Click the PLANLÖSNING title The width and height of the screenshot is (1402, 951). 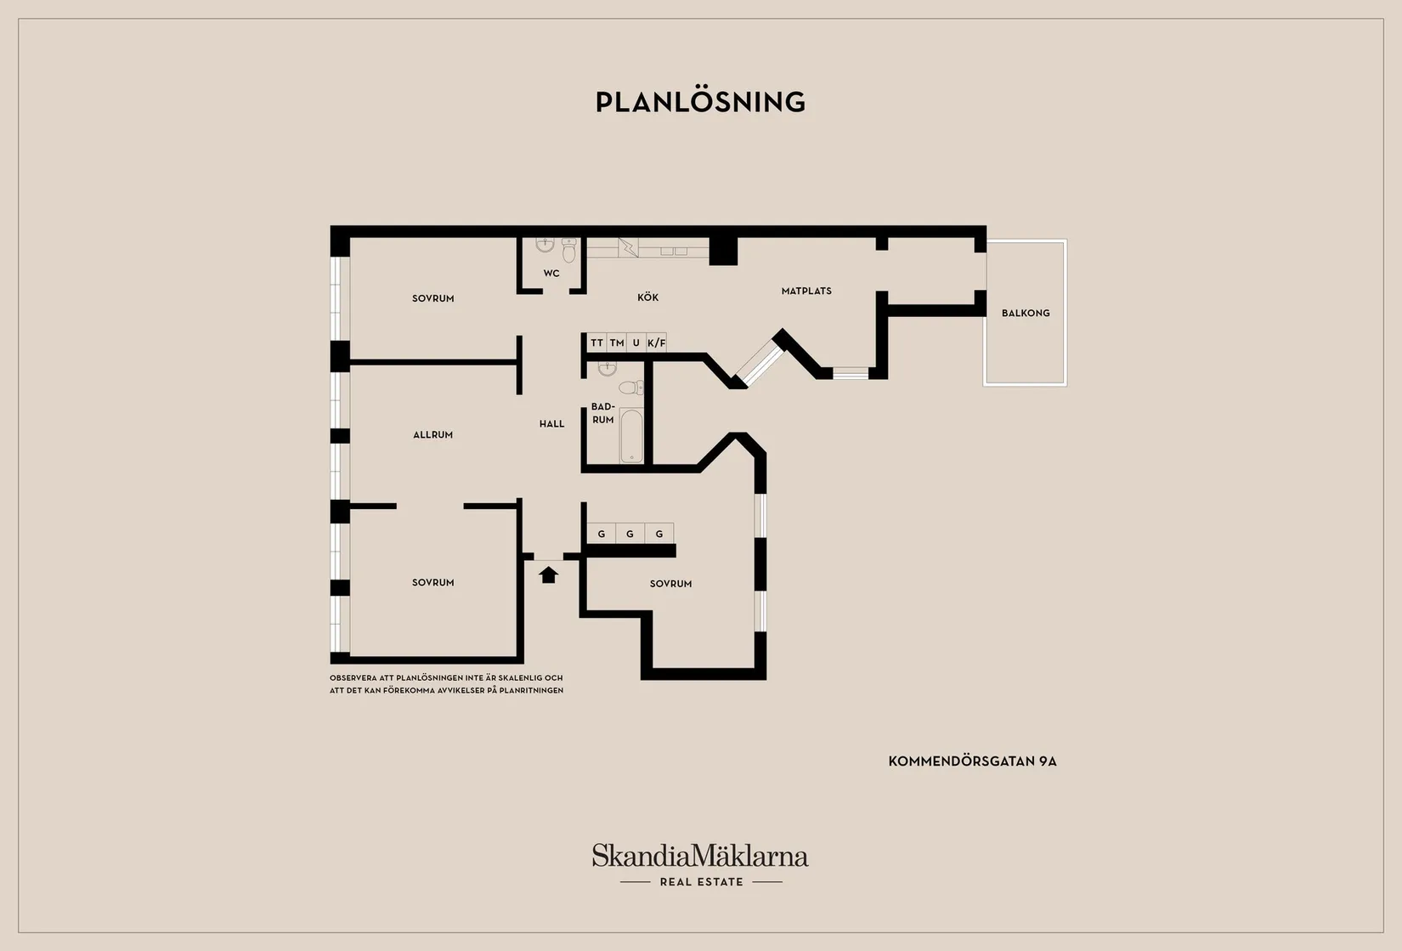[x=700, y=102]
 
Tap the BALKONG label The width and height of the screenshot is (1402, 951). [x=1026, y=313]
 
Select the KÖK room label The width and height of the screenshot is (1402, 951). [x=647, y=297]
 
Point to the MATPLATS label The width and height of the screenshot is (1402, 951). [x=806, y=291]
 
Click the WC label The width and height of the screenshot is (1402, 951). [x=551, y=273]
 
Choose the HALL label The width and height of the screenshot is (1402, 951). [x=551, y=424]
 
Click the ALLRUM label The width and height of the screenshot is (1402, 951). [x=432, y=434]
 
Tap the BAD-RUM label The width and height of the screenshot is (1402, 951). [x=602, y=413]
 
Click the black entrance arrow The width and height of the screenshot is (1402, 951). [x=548, y=575]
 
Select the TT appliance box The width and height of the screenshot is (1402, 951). [x=597, y=342]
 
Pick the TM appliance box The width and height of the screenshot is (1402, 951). [x=617, y=342]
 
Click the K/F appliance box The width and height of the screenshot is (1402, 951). [x=657, y=342]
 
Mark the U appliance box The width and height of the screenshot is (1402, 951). [x=636, y=342]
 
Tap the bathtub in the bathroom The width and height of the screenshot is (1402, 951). [x=630, y=436]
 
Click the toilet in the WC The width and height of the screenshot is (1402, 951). [x=568, y=250]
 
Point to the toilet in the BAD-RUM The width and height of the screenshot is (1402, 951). [x=631, y=388]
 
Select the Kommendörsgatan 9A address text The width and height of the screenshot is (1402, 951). [x=972, y=761]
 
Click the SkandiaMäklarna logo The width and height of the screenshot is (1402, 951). [x=700, y=855]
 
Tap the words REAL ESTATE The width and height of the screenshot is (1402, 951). [x=702, y=882]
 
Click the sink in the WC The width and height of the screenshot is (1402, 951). [x=546, y=245]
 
